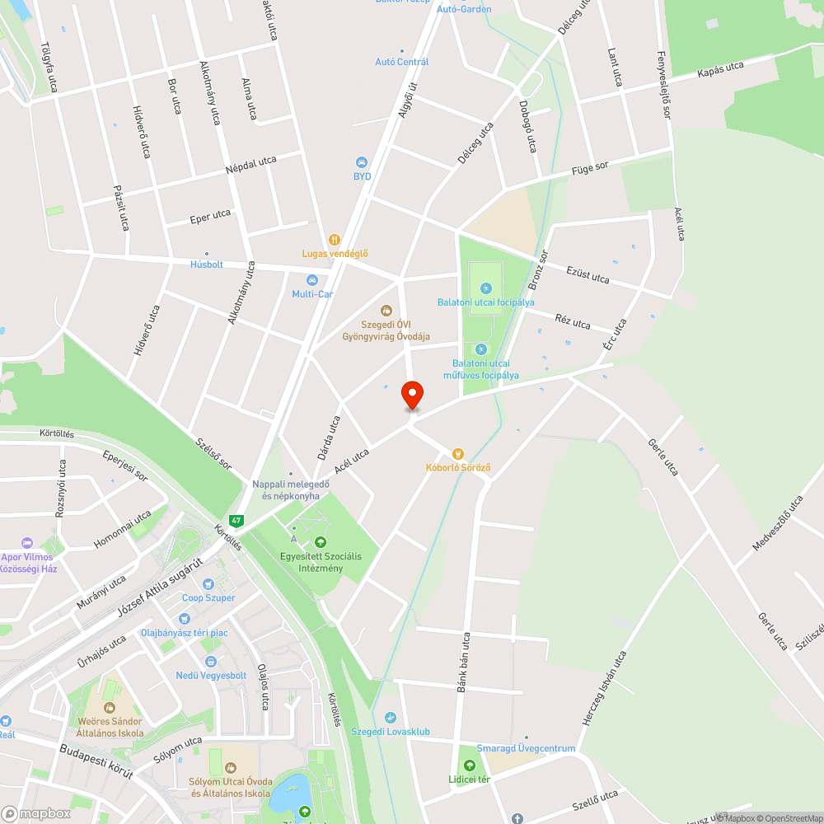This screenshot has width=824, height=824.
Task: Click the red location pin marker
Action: click(x=412, y=395)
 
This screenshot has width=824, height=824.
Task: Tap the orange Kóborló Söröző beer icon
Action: click(x=458, y=453)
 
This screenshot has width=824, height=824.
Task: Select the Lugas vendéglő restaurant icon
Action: click(x=334, y=240)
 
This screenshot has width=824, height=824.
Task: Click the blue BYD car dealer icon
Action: click(x=361, y=162)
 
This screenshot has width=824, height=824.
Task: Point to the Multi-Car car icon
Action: click(x=311, y=280)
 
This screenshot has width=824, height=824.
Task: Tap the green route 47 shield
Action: click(x=236, y=521)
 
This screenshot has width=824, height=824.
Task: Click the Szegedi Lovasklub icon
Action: click(x=391, y=718)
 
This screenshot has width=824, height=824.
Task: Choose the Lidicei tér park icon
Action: click(x=469, y=765)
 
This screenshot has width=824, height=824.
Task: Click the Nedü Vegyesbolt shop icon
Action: click(x=211, y=662)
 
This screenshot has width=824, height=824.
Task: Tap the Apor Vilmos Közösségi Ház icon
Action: click(x=27, y=543)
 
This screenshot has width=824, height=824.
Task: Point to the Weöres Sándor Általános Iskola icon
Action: click(x=109, y=707)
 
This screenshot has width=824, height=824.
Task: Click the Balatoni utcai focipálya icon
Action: click(x=485, y=288)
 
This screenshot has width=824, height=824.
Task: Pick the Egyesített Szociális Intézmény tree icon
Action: click(x=321, y=542)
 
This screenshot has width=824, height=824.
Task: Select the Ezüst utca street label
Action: click(x=588, y=274)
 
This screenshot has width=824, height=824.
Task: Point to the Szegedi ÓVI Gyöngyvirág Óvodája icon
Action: click(x=386, y=311)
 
